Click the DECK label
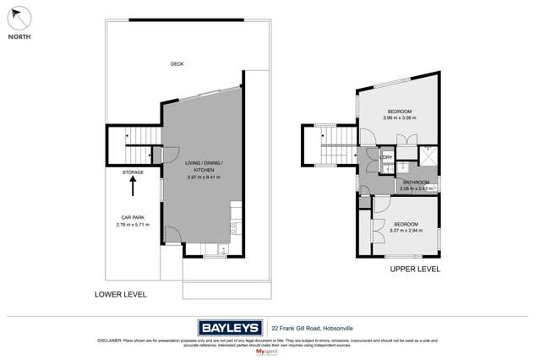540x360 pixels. click(177, 64)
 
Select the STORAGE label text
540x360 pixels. click(133, 172)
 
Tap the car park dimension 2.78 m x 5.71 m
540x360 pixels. click(133, 225)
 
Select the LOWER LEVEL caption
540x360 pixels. click(121, 294)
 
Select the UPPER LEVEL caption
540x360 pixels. click(414, 269)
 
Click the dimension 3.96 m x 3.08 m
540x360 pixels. click(399, 118)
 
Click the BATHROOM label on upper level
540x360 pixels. click(416, 183)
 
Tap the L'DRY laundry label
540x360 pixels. click(386, 157)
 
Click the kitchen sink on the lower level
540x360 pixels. click(221, 248)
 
